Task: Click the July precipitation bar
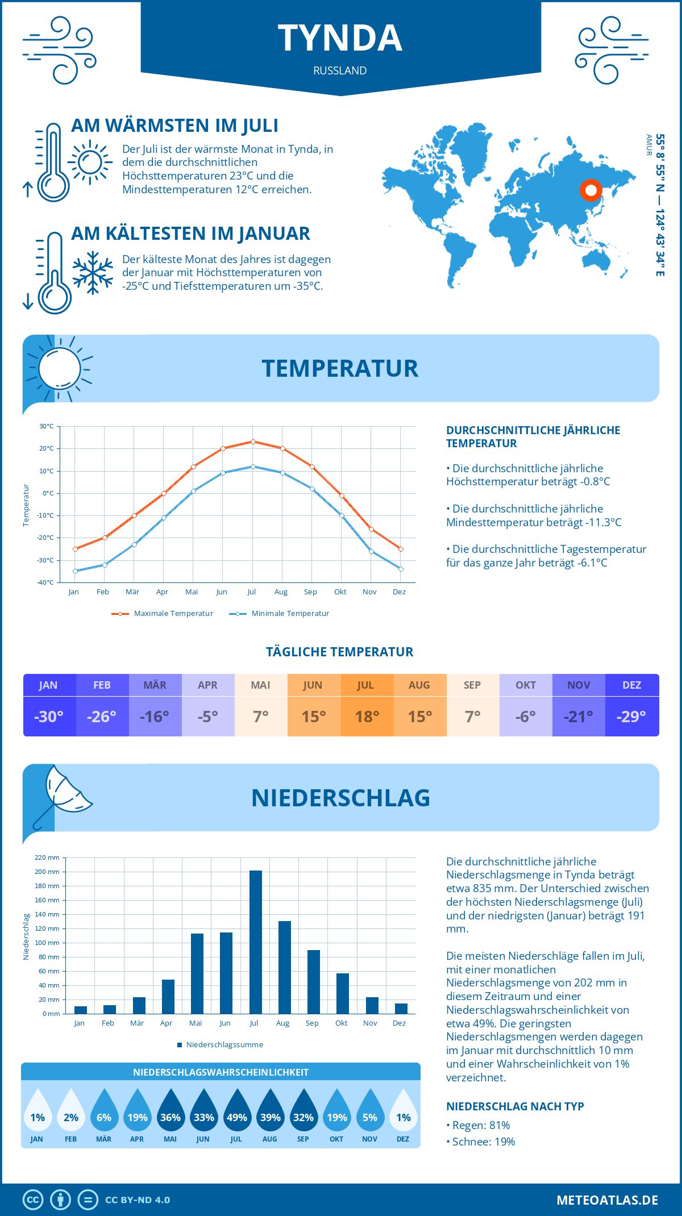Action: click(x=256, y=942)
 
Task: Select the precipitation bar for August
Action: click(x=285, y=967)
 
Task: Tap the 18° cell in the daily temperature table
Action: click(x=367, y=717)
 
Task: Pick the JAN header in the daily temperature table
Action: click(x=48, y=685)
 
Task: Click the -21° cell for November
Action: click(x=578, y=717)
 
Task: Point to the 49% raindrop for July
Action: click(x=236, y=1110)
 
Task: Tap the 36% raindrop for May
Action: click(x=170, y=1110)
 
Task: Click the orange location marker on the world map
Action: click(x=591, y=190)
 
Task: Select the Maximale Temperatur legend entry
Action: click(x=163, y=614)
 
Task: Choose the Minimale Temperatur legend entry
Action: click(x=280, y=614)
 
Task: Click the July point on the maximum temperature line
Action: click(x=253, y=442)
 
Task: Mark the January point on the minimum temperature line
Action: click(x=75, y=571)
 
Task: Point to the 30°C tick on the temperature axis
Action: click(x=47, y=426)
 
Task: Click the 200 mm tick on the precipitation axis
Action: click(x=47, y=872)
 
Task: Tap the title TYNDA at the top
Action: click(x=340, y=38)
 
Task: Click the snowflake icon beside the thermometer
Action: click(x=93, y=273)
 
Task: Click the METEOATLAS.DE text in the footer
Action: click(x=607, y=1200)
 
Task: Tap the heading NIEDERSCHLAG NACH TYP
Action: click(x=515, y=1106)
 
